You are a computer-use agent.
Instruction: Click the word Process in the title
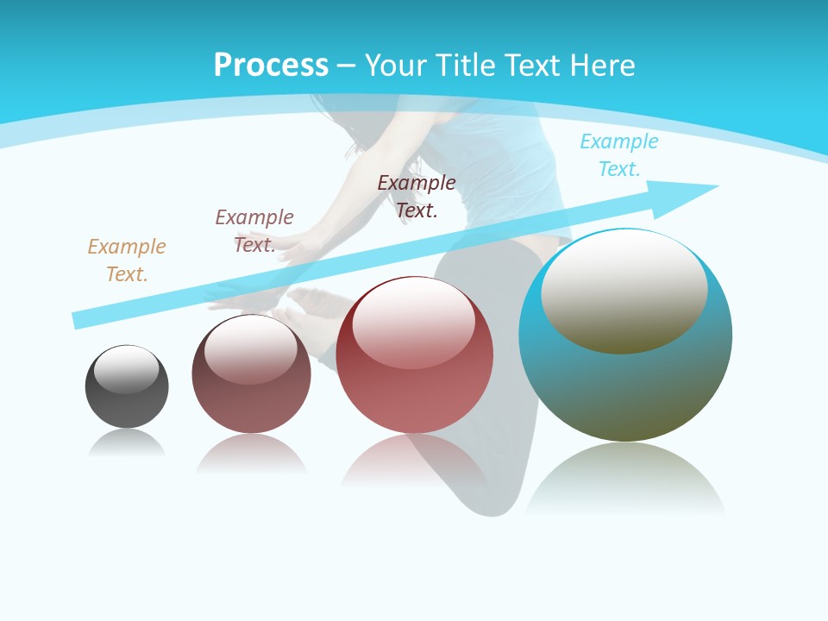pyautogui.click(x=271, y=65)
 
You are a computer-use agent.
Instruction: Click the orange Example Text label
pyautogui.click(x=127, y=260)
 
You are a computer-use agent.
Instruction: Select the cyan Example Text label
pyautogui.click(x=619, y=154)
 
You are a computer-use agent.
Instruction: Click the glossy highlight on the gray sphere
pyautogui.click(x=127, y=369)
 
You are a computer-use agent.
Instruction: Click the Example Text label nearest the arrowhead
pyautogui.click(x=619, y=154)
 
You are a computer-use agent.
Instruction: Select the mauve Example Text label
pyautogui.click(x=254, y=230)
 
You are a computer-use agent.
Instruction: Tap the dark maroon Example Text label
pyautogui.click(x=417, y=196)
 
